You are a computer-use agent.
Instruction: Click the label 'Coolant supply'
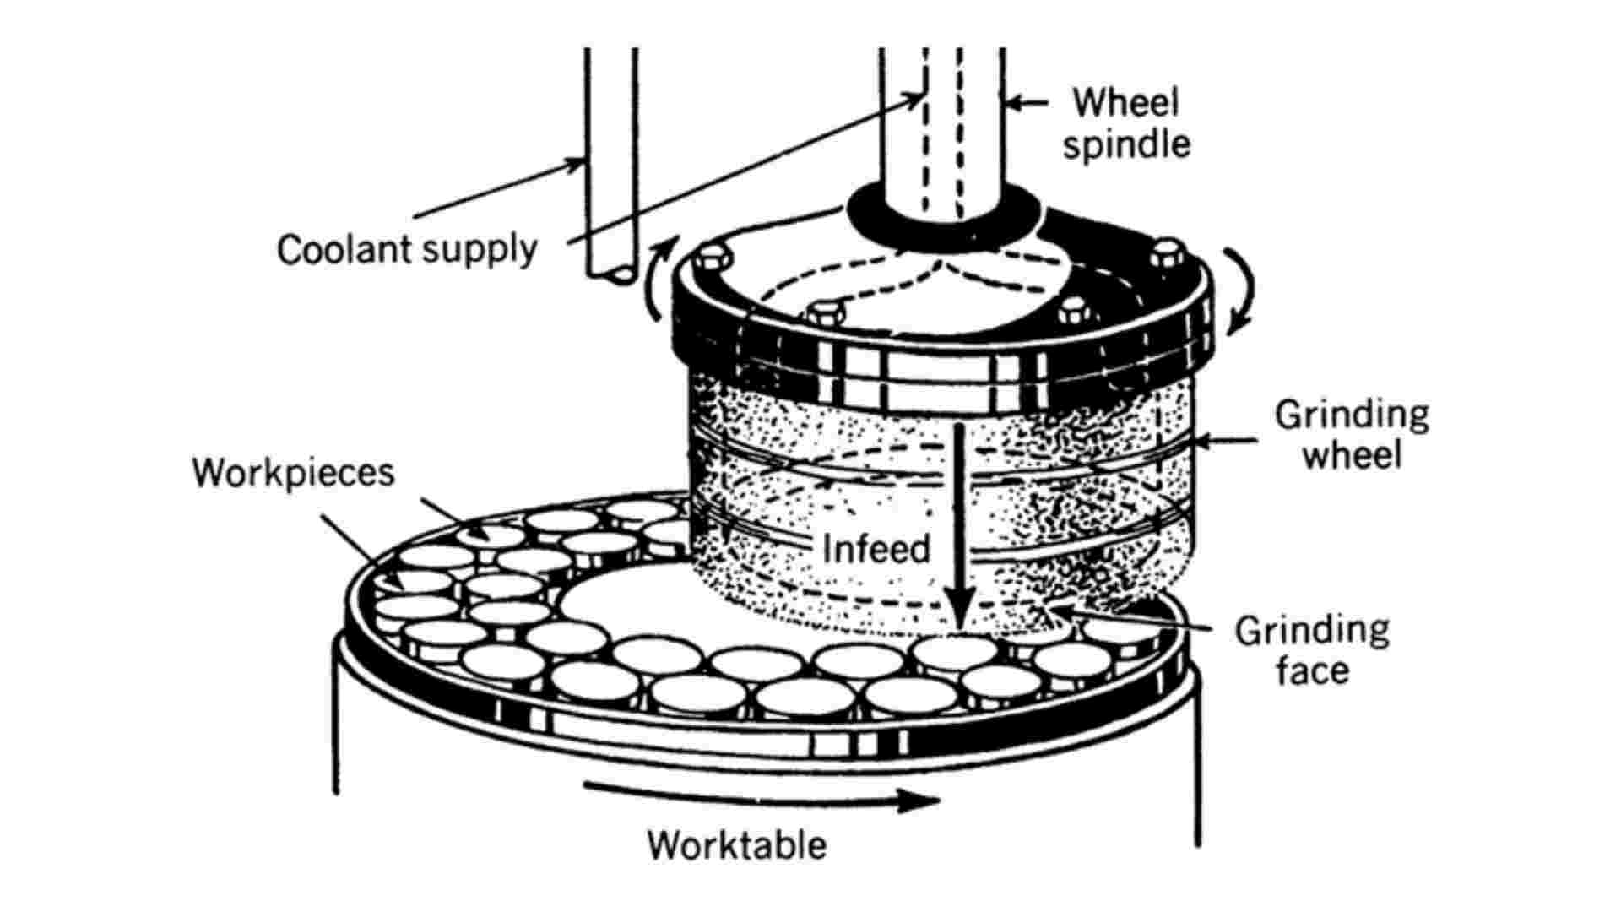click(x=407, y=250)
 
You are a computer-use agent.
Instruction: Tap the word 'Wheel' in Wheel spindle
click(x=1125, y=103)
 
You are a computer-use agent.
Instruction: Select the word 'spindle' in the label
click(x=1126, y=144)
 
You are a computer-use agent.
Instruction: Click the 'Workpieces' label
click(x=293, y=472)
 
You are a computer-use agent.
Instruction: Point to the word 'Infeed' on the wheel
click(x=876, y=549)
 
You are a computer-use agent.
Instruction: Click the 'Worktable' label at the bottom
click(x=736, y=844)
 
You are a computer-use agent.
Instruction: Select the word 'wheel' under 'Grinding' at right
click(x=1351, y=455)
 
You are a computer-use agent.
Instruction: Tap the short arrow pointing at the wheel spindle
click(x=1026, y=103)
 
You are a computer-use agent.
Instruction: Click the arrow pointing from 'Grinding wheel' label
click(x=1224, y=440)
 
